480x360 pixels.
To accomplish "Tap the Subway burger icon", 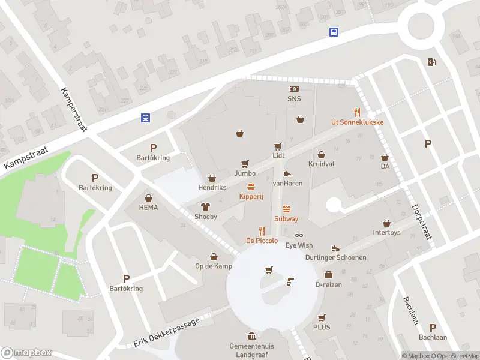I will click(286, 209).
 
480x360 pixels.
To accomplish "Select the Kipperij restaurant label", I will click(251, 196).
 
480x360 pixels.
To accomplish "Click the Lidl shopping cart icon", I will click(278, 146).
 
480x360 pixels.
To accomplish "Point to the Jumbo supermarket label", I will click(245, 173).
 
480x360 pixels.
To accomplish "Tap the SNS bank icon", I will click(294, 89).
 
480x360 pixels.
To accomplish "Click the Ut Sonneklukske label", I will click(357, 122).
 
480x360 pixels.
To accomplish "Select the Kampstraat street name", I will click(28, 157).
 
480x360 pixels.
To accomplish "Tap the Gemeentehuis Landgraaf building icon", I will click(251, 336).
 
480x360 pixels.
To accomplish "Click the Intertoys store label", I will click(386, 232).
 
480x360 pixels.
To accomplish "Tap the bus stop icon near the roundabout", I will click(334, 32).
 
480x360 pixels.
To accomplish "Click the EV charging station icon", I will click(431, 62).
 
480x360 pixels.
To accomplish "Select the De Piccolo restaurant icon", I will click(262, 230).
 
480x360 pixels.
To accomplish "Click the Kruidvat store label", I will click(321, 164).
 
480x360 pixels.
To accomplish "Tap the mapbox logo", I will click(26, 353).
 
